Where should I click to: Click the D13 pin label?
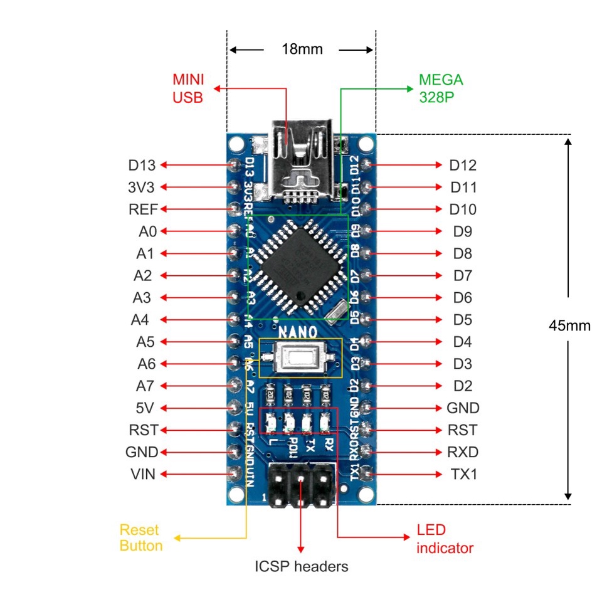tap(141, 166)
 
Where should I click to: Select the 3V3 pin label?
tap(141, 187)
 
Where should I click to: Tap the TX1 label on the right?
tap(463, 474)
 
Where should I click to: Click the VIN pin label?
tap(142, 474)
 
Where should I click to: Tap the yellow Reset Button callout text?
tap(141, 537)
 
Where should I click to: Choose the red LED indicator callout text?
tap(445, 539)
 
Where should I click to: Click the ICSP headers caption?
tap(301, 567)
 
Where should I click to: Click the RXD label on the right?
tap(463, 452)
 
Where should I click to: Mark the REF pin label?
tap(143, 209)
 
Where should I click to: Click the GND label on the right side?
tap(463, 408)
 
